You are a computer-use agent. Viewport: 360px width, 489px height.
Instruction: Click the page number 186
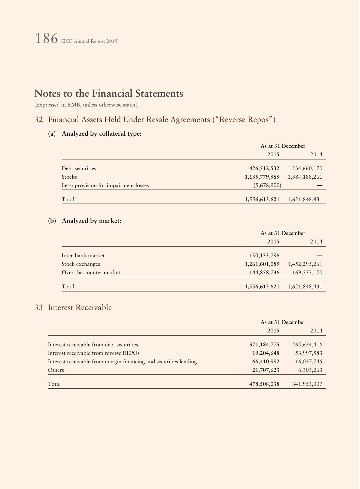46,39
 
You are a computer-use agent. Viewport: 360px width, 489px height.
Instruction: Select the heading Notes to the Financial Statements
109,93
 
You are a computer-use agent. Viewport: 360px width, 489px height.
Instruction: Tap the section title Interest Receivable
80,308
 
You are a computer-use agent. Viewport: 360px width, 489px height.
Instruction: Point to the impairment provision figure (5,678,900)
267,185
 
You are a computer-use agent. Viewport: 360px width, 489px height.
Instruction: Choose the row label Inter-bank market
83,256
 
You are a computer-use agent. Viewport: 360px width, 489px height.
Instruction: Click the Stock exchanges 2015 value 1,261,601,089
262,264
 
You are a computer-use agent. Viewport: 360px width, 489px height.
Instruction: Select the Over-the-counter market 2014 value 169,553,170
307,273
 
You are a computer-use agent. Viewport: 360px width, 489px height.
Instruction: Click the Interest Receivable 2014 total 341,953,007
307,384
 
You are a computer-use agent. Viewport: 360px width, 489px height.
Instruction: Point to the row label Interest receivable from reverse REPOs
94,353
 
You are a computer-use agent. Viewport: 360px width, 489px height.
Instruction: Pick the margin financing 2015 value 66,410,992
266,362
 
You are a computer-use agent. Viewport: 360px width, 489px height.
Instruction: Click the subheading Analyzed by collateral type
101,134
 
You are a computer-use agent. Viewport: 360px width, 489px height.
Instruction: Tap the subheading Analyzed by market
91,221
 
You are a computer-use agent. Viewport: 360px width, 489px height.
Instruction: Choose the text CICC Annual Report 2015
89,41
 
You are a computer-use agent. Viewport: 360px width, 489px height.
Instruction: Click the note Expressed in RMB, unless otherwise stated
86,105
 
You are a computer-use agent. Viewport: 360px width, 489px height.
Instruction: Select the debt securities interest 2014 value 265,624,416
307,345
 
